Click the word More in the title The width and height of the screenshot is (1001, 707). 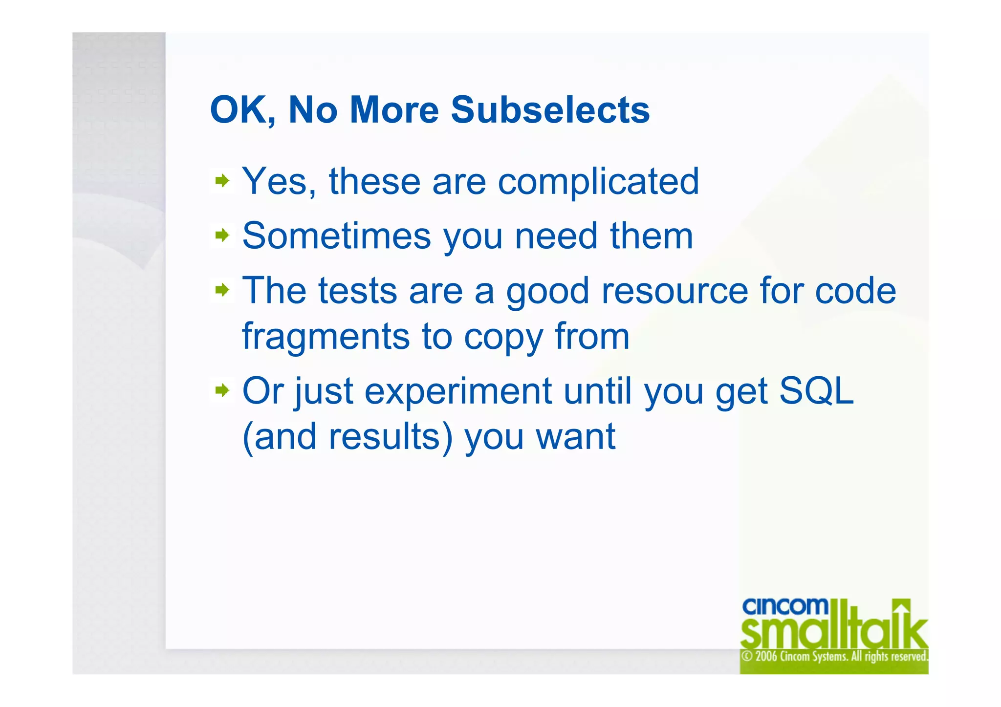pyautogui.click(x=394, y=110)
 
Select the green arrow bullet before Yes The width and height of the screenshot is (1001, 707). pyautogui.click(x=222, y=181)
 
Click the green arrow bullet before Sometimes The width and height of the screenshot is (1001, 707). pyautogui.click(x=222, y=236)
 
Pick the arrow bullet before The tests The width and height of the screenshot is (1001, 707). pyautogui.click(x=222, y=291)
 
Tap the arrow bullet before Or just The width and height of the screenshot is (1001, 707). pyautogui.click(x=222, y=390)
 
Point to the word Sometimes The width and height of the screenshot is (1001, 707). pyautogui.click(x=337, y=236)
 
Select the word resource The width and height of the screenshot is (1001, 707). pyautogui.click(x=675, y=291)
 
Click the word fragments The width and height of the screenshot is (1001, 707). pyautogui.click(x=326, y=337)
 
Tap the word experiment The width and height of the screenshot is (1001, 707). pyautogui.click(x=458, y=391)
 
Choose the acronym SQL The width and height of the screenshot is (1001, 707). pyautogui.click(x=816, y=391)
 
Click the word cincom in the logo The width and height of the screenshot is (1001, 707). pyautogui.click(x=785, y=606)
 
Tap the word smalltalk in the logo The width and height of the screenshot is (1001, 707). pyautogui.click(x=833, y=632)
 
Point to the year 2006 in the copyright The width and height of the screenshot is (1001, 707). pyautogui.click(x=766, y=656)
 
